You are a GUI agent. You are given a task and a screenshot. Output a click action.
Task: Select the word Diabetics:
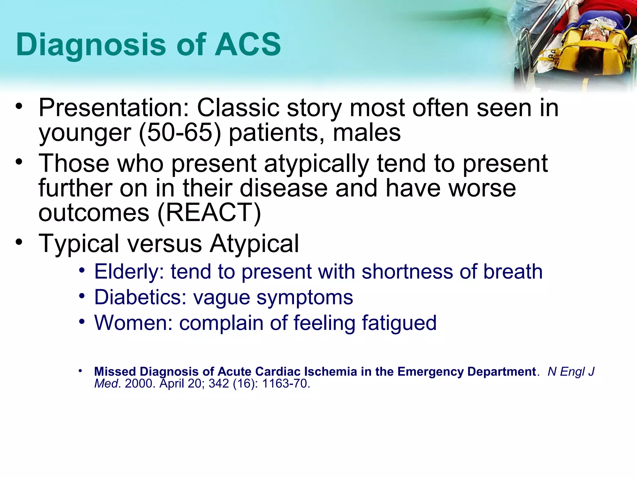(140, 297)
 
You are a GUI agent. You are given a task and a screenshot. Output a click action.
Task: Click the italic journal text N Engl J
(571, 372)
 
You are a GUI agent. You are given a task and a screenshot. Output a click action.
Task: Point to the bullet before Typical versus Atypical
(19, 242)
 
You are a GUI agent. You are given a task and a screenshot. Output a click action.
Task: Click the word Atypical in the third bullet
(254, 243)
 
